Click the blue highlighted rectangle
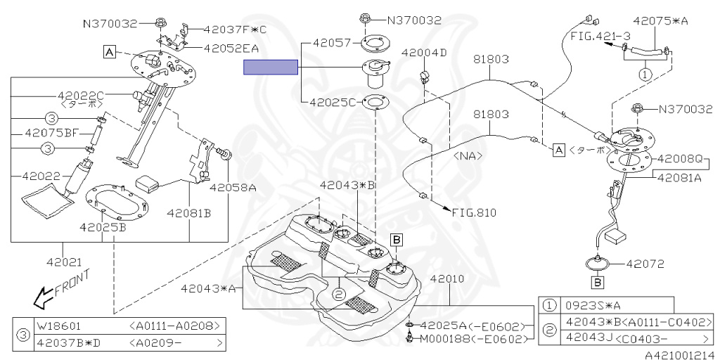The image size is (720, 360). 271,67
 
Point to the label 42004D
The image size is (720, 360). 424,53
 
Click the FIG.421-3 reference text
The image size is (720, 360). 591,34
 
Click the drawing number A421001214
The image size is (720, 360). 680,354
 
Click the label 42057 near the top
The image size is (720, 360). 330,44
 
